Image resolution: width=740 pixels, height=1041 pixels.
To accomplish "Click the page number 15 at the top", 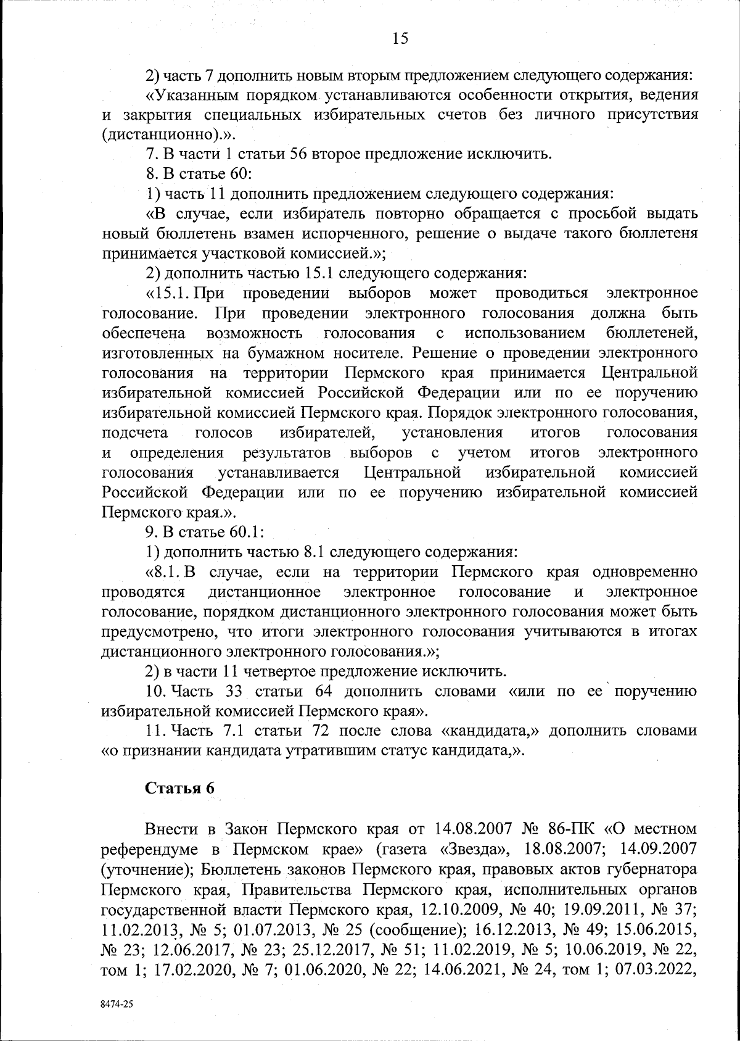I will [400, 39].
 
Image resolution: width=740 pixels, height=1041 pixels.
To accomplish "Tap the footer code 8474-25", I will [117, 1004].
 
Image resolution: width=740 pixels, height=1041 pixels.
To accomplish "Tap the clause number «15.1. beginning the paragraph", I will [169, 292].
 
